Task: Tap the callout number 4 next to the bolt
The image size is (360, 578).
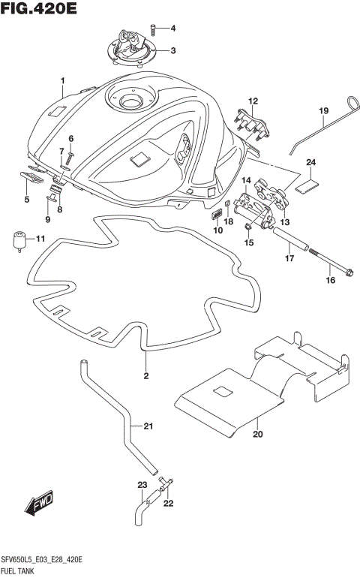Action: (172, 29)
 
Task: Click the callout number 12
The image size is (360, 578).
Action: (253, 101)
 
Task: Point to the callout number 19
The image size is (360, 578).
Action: (324, 112)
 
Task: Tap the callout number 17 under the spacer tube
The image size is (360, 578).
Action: (288, 259)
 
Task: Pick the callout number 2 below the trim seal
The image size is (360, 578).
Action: (146, 375)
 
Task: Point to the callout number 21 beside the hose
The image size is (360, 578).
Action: (148, 427)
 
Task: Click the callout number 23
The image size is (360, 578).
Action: (141, 484)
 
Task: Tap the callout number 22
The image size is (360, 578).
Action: (168, 503)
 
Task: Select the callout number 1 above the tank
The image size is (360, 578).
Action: (63, 80)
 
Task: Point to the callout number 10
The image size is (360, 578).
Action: (218, 230)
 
